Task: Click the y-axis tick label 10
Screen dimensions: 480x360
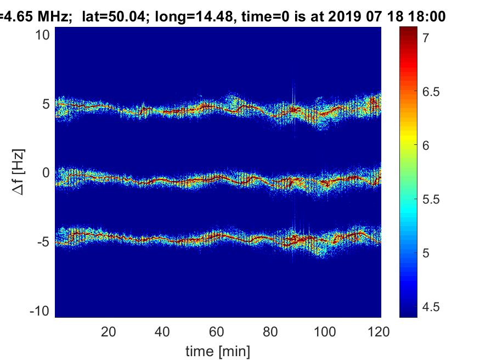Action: pos(42,35)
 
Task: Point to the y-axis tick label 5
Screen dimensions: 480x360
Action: pos(46,104)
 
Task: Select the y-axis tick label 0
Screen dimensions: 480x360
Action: pos(46,173)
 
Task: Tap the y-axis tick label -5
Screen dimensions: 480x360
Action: pos(43,242)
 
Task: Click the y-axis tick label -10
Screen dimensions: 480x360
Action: pos(40,311)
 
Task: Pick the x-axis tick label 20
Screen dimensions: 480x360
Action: pos(109,332)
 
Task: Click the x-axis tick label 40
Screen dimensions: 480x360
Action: pos(162,332)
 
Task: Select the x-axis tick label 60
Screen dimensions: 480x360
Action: pos(217,332)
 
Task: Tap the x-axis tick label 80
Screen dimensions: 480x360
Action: pos(270,332)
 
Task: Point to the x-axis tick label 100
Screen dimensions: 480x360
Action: pos(325,332)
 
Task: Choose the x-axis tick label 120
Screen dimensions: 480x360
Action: pos(379,332)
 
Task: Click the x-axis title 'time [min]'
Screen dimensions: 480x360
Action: pos(218,351)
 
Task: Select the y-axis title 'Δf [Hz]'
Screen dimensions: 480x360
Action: pos(19,172)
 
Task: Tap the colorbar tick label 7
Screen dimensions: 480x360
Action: pos(426,38)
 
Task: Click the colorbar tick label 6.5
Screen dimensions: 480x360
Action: pos(431,92)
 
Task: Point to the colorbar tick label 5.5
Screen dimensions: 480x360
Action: pos(431,199)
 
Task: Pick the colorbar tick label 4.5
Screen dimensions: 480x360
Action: pos(431,307)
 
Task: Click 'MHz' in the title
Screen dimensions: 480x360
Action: pos(53,16)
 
